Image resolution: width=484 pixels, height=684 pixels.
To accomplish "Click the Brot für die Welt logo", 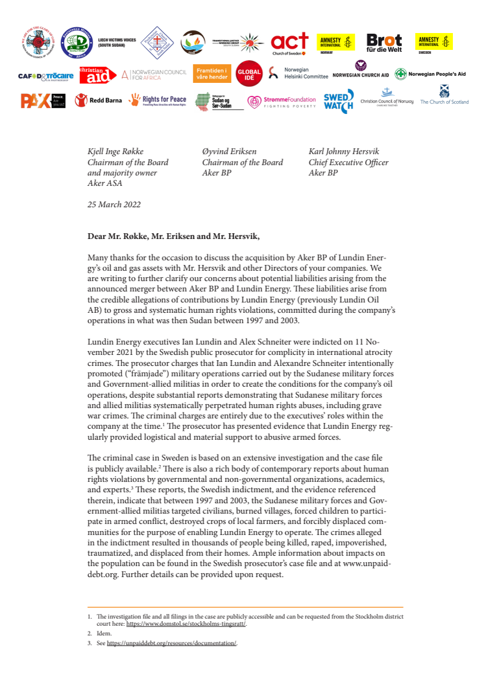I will (x=384, y=43).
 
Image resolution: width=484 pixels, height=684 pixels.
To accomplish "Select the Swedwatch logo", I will (x=339, y=100).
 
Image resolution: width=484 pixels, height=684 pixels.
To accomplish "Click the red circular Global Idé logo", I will (x=248, y=74).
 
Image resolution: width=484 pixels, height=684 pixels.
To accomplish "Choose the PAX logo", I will (x=43, y=100).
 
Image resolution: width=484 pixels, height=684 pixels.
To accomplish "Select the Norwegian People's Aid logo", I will (x=430, y=74).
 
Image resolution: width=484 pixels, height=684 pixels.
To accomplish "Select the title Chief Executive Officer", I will (x=348, y=163).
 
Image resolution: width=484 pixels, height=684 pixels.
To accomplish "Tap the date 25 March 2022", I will (x=115, y=204).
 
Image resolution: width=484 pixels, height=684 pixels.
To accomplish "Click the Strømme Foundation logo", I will (x=282, y=101).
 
